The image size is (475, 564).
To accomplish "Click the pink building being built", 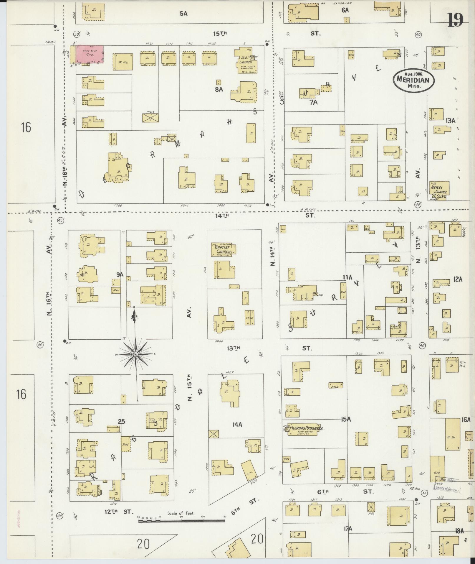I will [x=90, y=54].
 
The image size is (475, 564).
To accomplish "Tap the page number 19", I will [x=455, y=20].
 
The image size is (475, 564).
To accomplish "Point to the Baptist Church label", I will [x=223, y=249].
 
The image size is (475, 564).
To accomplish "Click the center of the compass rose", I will [x=136, y=354].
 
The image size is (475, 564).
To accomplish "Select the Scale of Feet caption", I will [x=181, y=513].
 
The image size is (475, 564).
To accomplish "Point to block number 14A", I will [x=237, y=425].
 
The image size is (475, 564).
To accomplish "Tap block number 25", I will [x=121, y=422].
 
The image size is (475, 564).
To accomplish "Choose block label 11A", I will [x=347, y=277].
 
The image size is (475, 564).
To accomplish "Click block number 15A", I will [x=346, y=419].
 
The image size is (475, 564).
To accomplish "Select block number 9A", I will [x=120, y=275].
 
